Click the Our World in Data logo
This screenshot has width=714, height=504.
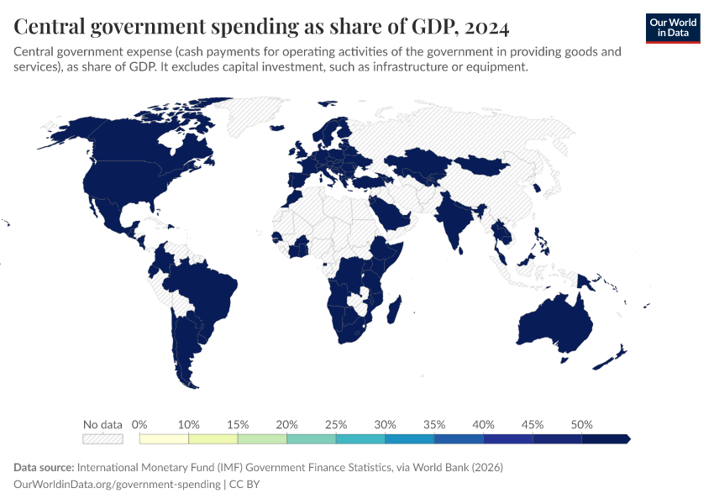(672, 28)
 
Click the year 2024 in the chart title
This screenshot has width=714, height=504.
(485, 28)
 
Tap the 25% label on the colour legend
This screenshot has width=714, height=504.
(336, 424)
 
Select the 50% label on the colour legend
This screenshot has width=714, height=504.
(581, 424)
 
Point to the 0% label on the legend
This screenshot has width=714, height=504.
(140, 424)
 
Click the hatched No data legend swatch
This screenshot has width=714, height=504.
(103, 438)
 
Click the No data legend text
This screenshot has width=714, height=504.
(103, 424)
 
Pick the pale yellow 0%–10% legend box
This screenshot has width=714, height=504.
(165, 438)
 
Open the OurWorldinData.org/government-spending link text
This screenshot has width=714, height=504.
(118, 484)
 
